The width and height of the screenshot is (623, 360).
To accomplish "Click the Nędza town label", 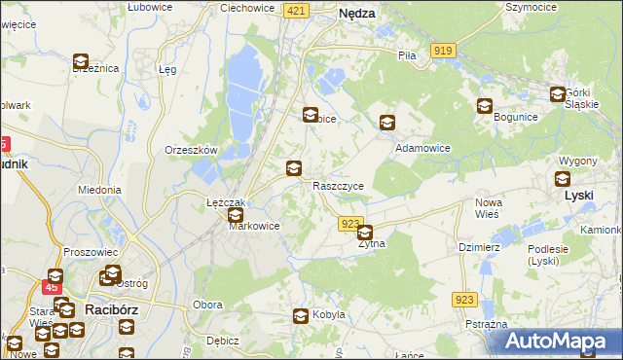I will [357, 15].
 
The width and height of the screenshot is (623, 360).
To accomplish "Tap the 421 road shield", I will [297, 10].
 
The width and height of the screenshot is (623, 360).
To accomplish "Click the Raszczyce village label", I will [338, 185].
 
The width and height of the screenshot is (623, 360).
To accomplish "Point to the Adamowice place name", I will [421, 148].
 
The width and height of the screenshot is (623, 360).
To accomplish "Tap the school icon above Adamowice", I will [387, 123].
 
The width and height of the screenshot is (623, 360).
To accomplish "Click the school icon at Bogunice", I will [485, 106].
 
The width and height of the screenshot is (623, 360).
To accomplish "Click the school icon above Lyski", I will [563, 178].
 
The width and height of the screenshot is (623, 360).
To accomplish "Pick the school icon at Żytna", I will [365, 233].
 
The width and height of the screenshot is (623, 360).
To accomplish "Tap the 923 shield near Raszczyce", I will [351, 224].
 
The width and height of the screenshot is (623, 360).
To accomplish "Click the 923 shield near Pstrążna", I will [464, 302].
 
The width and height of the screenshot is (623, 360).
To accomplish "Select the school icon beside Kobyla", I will [302, 314].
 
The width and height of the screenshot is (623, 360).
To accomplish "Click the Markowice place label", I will [254, 226].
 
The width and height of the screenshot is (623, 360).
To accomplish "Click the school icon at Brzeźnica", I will [81, 62].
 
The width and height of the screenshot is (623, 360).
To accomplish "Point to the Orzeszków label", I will [191, 151].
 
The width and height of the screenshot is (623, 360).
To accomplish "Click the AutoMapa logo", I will [560, 342].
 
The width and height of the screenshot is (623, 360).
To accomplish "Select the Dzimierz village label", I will [478, 247].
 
